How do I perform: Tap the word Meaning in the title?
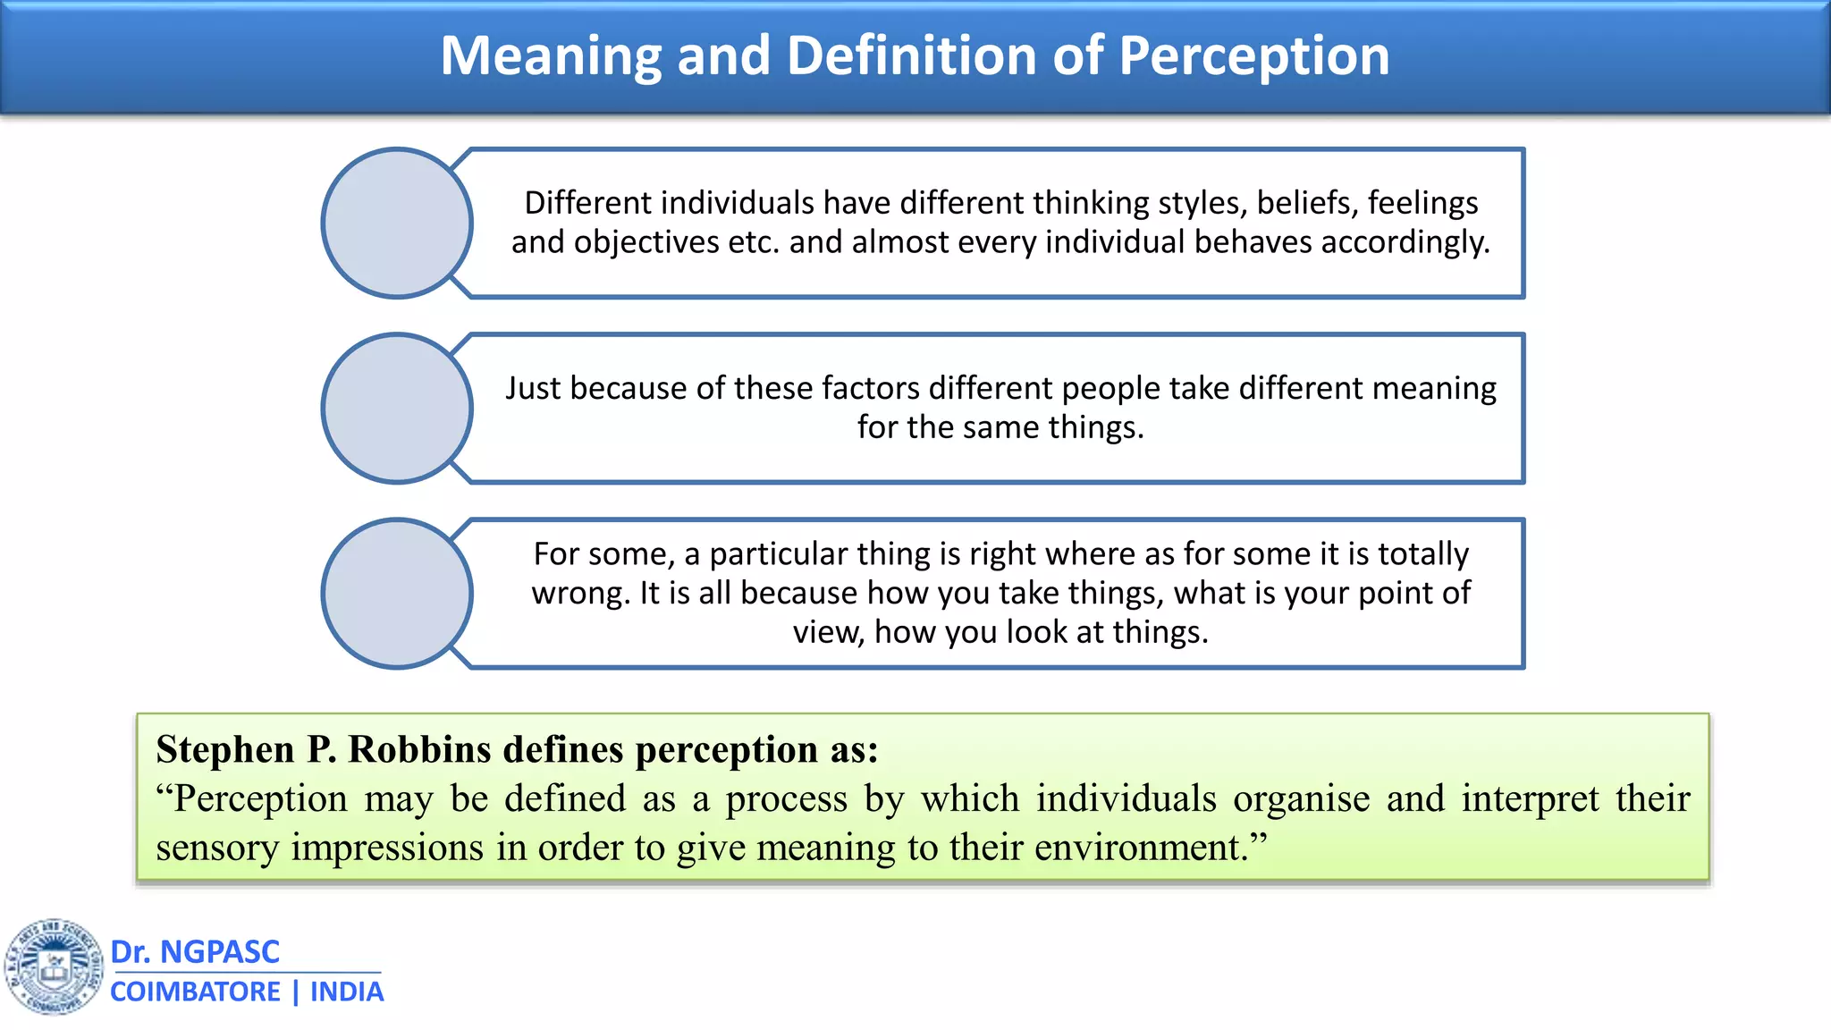click(x=550, y=56)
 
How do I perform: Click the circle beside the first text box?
click(x=397, y=223)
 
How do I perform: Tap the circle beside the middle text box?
click(x=397, y=408)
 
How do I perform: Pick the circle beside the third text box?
click(x=397, y=593)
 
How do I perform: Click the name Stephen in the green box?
click(x=225, y=749)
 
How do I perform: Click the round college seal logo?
click(x=55, y=967)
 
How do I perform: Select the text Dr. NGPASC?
click(x=195, y=951)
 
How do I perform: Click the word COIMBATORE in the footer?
click(x=195, y=992)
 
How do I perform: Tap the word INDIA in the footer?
click(x=347, y=992)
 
